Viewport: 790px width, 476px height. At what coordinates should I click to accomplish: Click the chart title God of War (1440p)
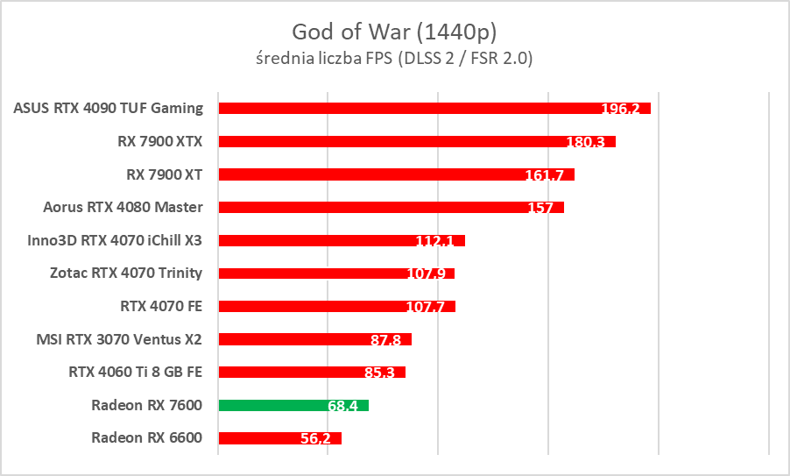point(394,32)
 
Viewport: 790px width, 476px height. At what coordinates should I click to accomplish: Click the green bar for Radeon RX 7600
point(293,405)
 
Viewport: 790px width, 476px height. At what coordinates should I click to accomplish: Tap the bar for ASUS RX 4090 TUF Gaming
point(434,108)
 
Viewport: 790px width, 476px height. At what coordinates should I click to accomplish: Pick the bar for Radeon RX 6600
point(279,437)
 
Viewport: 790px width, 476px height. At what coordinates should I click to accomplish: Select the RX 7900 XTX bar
point(417,141)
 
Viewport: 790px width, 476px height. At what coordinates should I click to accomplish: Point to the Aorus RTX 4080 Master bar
point(391,208)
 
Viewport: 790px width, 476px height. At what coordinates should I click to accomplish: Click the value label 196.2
point(620,109)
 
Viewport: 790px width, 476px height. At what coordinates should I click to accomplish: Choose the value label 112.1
point(434,241)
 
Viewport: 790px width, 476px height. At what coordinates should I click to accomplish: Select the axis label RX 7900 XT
point(165,174)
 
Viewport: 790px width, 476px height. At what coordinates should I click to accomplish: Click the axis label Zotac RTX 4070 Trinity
point(126,273)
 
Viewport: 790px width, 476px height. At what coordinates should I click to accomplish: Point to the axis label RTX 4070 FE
point(161,306)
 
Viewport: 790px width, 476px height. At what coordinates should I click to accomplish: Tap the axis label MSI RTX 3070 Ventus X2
point(119,338)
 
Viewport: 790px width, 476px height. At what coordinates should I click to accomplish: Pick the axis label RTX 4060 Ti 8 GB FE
point(136,372)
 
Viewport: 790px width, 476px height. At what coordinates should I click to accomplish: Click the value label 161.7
point(544,174)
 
